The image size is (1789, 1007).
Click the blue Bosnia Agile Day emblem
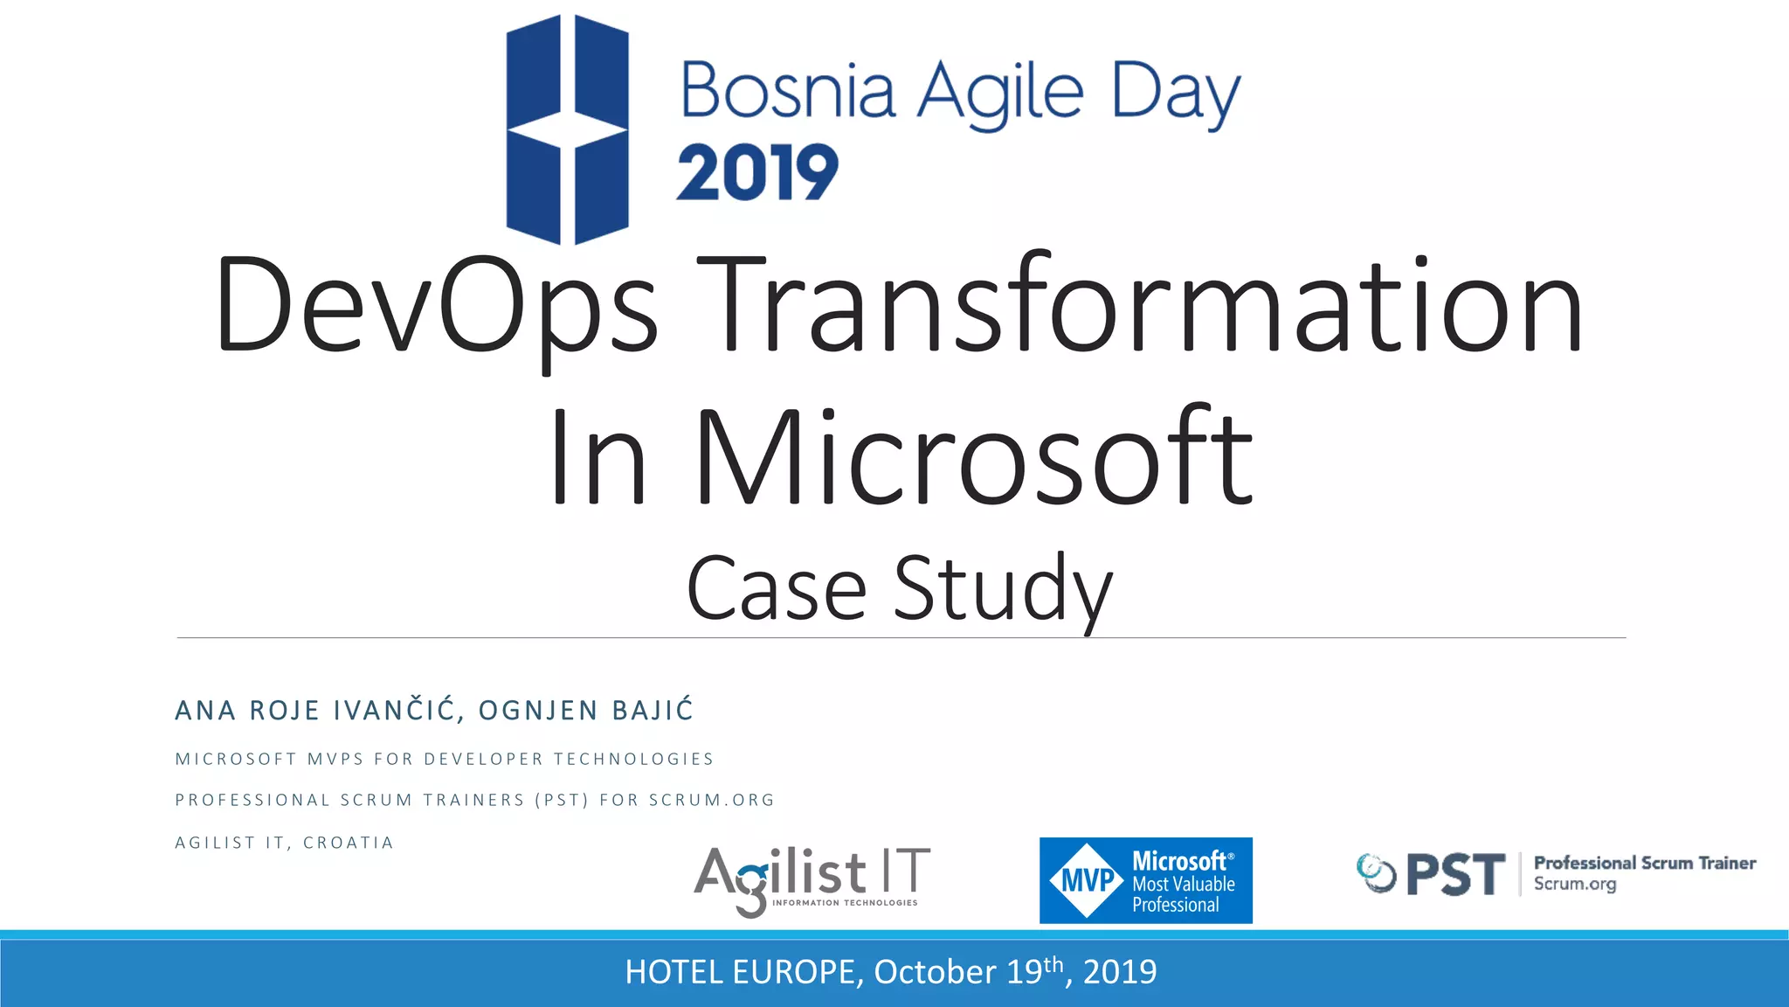567,129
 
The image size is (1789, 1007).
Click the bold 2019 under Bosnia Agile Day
756,173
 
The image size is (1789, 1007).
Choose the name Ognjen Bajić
585,710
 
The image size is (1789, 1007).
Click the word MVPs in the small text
335,759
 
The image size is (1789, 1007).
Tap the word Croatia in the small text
348,843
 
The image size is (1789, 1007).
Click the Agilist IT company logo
812,879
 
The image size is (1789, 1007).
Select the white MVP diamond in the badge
1086,880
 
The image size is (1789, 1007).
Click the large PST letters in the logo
1455,875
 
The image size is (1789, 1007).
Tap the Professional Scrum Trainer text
1644,864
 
